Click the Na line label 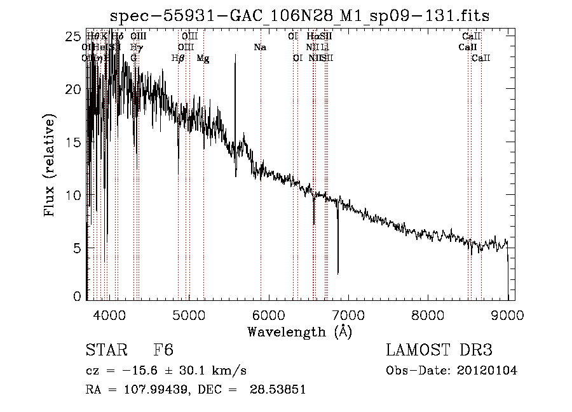259,48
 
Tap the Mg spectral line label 203,58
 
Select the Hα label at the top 312,37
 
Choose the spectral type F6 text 163,351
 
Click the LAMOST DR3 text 439,351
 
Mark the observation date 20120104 487,371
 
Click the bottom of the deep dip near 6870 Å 337,273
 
